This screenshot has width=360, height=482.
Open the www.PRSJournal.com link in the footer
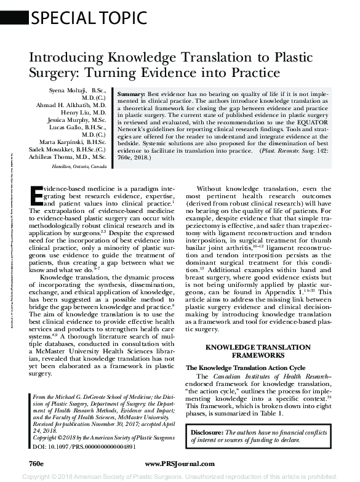[x=179, y=462]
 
